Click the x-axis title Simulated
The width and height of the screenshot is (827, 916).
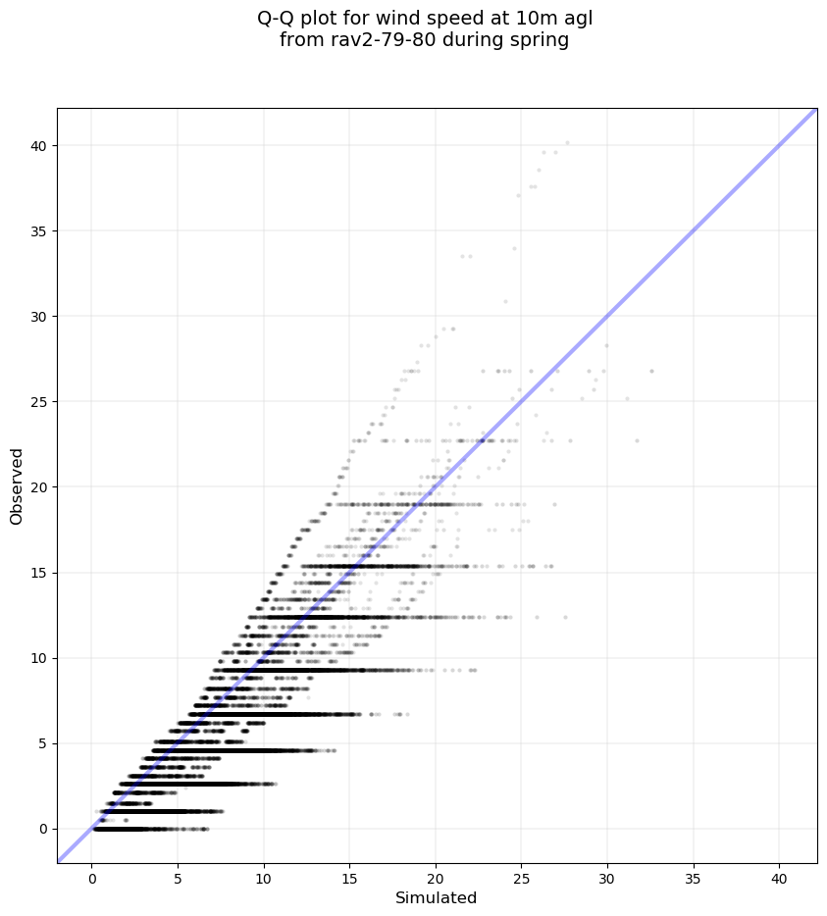point(436,897)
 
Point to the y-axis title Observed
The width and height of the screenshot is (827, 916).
point(17,485)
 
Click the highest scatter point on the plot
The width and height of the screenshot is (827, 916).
point(567,143)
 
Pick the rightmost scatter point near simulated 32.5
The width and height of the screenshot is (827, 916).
point(651,371)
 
